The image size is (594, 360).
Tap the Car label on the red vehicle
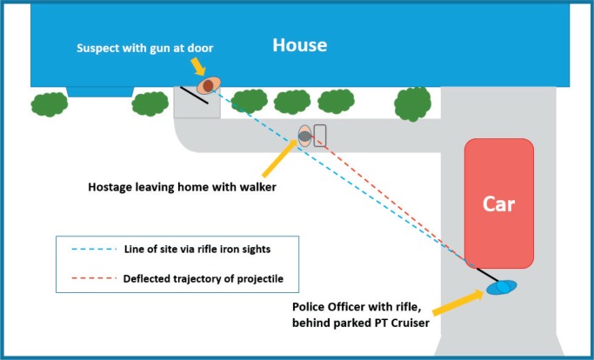pos(500,205)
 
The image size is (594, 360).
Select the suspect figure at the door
pos(209,85)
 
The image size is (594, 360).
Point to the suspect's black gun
pos(194,95)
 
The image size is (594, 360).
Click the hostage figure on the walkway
pos(305,136)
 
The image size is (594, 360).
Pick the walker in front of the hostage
pos(320,135)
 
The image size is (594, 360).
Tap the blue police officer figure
pos(501,287)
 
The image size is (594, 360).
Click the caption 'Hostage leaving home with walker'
pos(182,186)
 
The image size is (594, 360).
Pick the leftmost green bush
pos(50,104)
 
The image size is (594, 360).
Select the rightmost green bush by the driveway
pos(414,102)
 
